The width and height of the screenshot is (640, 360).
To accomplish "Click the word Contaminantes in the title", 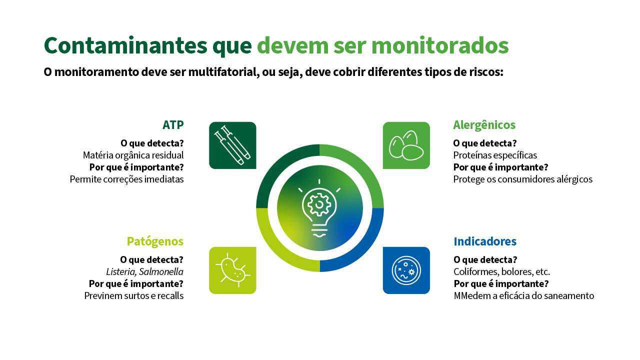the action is [x=125, y=45].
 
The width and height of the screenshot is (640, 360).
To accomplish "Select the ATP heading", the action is [x=173, y=125].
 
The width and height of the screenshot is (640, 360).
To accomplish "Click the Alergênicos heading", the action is [x=484, y=125].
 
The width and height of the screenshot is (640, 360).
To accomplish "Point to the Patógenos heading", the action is [x=155, y=241].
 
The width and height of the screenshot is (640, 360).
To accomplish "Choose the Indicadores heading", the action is [x=485, y=241].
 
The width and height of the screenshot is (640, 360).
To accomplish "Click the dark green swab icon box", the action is [x=232, y=145].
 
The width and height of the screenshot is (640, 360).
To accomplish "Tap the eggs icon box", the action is [x=406, y=145].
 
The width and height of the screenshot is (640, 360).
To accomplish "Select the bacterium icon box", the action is [x=232, y=270].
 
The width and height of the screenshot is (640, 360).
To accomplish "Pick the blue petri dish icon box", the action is [x=406, y=270].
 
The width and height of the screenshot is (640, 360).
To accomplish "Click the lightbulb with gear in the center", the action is [x=319, y=208].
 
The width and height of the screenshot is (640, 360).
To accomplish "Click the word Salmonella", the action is [x=161, y=271].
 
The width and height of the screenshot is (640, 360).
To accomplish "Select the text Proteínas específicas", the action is [x=495, y=155].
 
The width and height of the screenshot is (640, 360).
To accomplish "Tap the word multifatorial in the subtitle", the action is [x=223, y=71].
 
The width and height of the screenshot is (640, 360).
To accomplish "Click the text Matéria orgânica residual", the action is [x=133, y=155].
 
